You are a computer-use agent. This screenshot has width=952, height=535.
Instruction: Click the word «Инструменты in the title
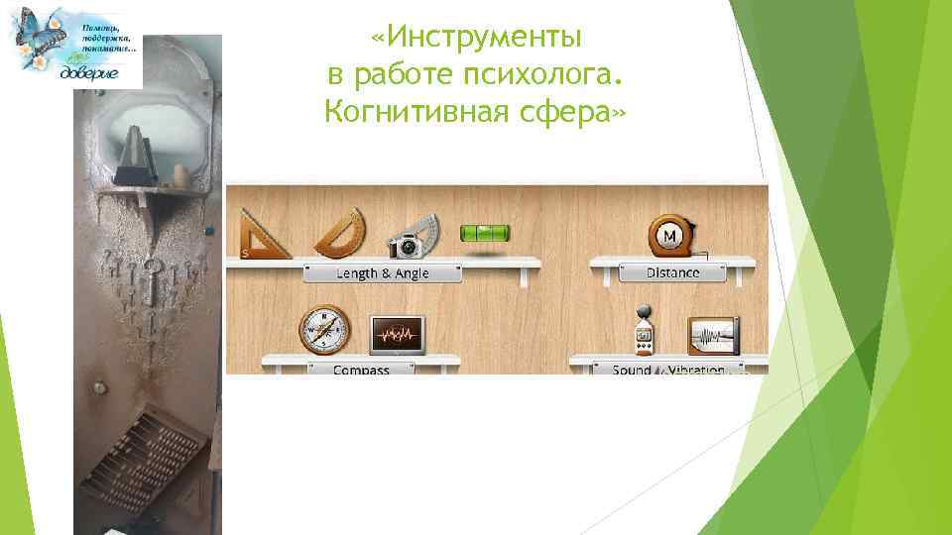click(475, 39)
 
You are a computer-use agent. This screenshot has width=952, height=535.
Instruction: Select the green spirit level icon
click(484, 234)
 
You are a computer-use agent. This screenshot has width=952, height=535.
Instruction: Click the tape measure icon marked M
click(671, 236)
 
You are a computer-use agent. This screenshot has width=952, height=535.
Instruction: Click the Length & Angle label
click(382, 272)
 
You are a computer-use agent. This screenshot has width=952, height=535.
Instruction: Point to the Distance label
click(673, 272)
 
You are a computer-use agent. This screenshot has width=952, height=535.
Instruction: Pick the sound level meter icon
click(645, 330)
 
